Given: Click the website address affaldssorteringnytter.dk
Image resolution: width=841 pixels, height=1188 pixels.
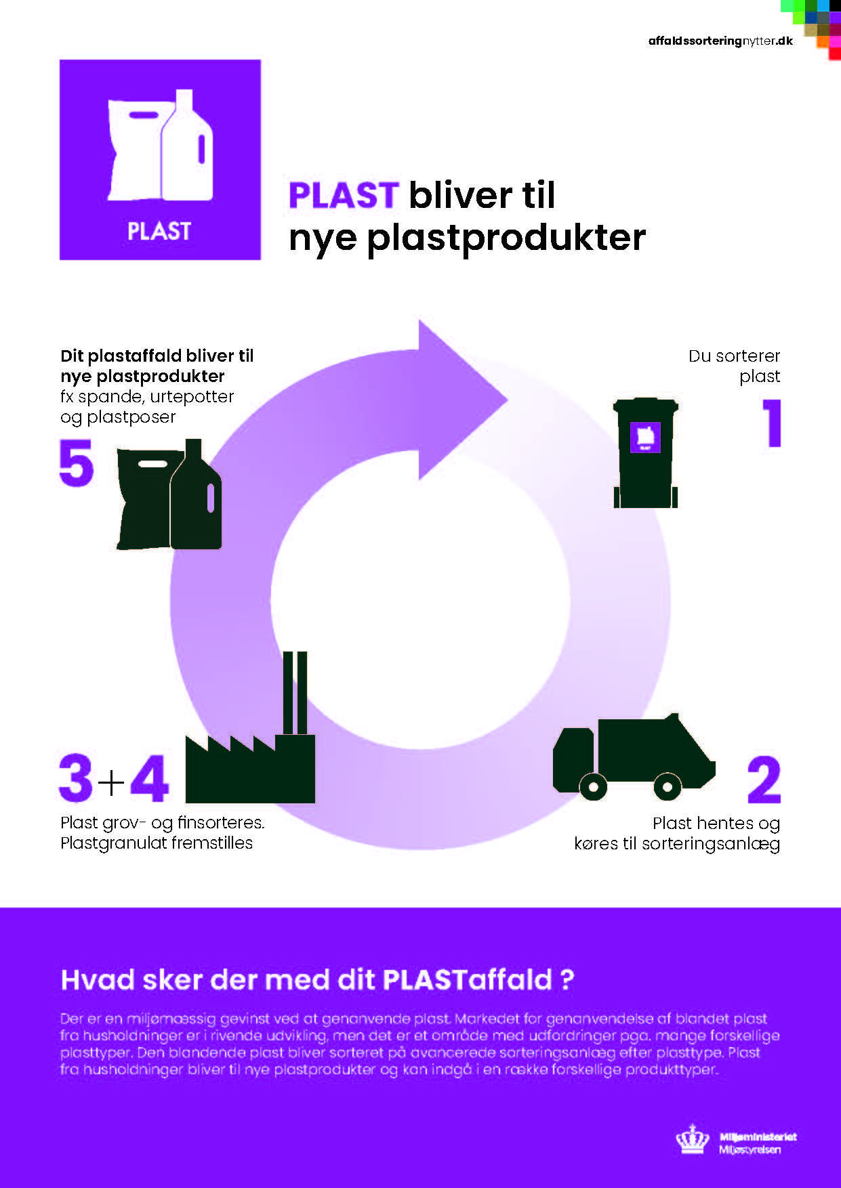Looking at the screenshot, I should [720, 41].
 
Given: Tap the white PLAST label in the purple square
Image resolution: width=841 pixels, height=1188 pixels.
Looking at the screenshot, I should [159, 231].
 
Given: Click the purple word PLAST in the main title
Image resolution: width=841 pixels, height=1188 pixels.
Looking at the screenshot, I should [343, 195].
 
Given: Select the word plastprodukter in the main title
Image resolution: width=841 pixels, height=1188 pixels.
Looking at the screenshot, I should [506, 238].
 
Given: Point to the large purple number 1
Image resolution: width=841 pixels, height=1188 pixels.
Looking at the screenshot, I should [772, 423].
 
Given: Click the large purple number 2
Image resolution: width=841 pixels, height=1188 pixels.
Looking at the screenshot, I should [764, 780].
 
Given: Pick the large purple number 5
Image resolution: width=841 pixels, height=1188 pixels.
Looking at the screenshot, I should [76, 463].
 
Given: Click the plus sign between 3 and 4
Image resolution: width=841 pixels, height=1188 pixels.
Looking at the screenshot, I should [112, 782].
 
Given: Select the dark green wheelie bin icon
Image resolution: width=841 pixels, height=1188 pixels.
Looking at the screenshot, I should [645, 452].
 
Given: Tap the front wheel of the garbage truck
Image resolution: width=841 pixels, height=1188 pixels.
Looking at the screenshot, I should [593, 786].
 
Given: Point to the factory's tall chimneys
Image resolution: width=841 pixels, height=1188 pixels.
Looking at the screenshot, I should [295, 692].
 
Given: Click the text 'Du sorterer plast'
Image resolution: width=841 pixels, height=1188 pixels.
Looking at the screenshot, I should [734, 366].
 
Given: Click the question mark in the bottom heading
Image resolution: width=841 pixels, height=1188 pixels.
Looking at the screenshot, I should [567, 980].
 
